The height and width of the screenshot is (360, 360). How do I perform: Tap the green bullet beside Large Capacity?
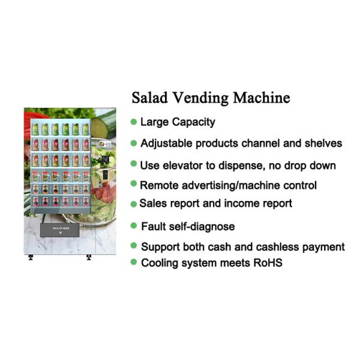pyautogui.click(x=133, y=122)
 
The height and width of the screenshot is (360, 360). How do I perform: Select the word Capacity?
pyautogui.click(x=193, y=122)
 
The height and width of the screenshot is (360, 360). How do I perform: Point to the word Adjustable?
pyautogui.click(x=166, y=143)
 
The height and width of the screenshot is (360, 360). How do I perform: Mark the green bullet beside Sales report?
pyautogui.click(x=133, y=204)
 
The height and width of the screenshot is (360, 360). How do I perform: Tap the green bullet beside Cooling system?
pyautogui.click(x=133, y=262)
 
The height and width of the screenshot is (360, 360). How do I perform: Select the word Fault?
pyautogui.click(x=152, y=227)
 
